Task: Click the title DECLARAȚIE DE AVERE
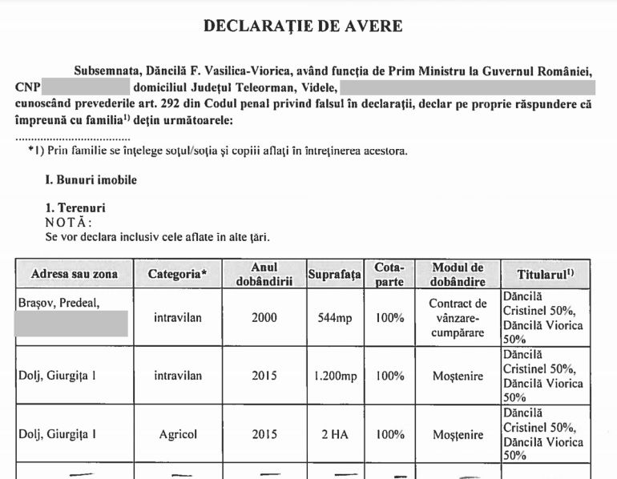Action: click(x=303, y=26)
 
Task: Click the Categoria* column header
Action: click(x=177, y=274)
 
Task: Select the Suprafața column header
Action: click(x=335, y=274)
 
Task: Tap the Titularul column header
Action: click(x=545, y=273)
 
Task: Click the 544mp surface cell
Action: click(x=334, y=318)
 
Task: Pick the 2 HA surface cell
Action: click(x=334, y=435)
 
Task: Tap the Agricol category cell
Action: click(x=177, y=435)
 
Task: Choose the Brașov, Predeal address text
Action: click(x=57, y=304)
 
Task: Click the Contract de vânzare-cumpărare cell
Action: click(x=458, y=318)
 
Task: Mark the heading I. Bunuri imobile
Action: click(x=91, y=180)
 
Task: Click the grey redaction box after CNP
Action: click(x=85, y=86)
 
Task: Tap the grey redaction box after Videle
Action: click(x=467, y=86)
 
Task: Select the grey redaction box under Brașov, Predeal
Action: click(x=71, y=324)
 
